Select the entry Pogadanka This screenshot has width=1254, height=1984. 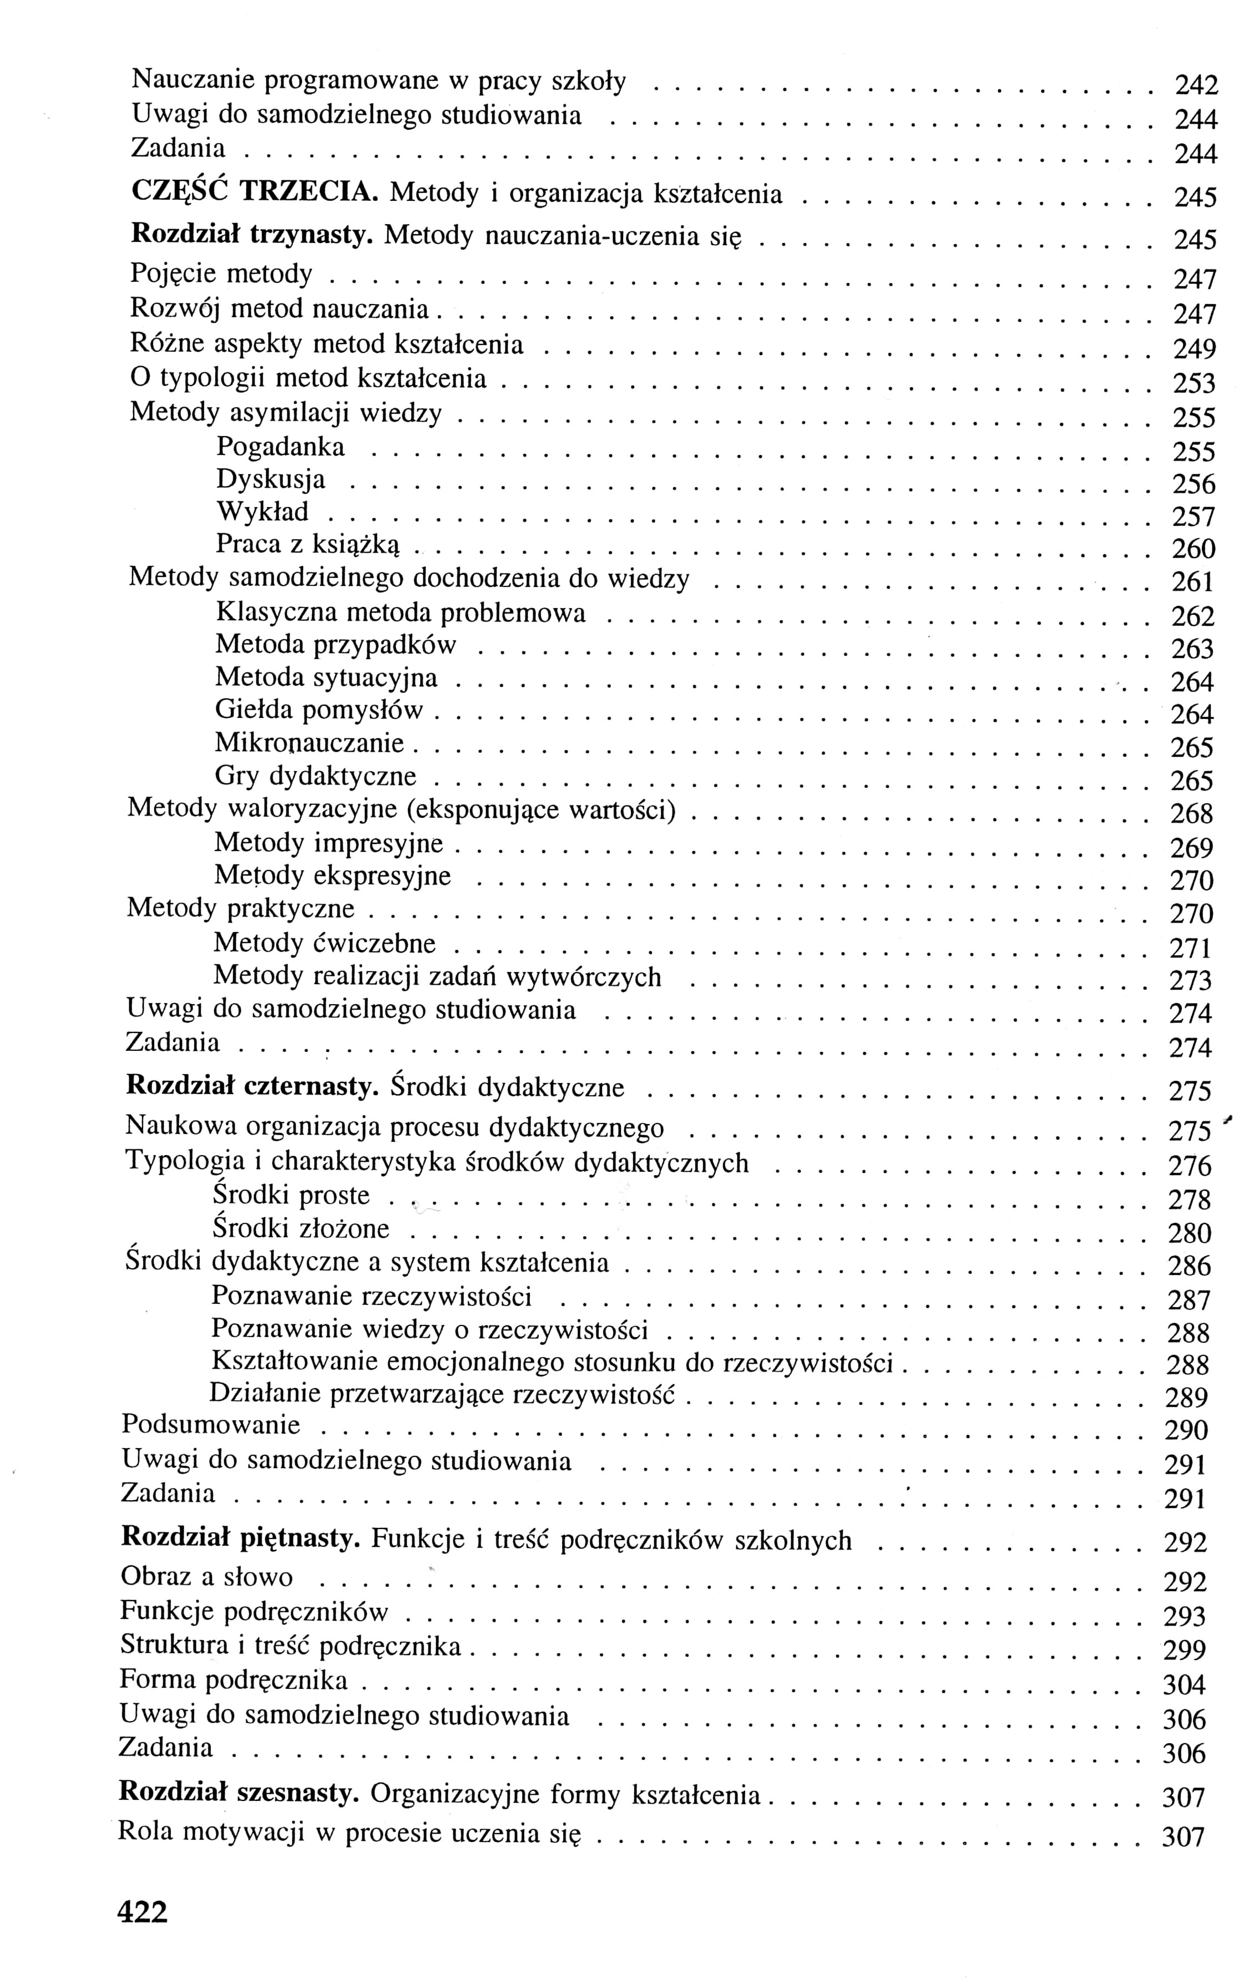click(x=280, y=447)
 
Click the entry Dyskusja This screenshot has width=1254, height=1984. click(x=270, y=479)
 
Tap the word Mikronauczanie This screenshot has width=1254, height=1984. click(x=310, y=743)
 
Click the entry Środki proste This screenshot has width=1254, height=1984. click(x=291, y=1196)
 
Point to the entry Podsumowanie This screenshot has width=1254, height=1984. click(x=211, y=1425)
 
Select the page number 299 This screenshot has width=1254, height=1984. click(x=1185, y=1649)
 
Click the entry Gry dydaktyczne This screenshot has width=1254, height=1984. click(x=316, y=776)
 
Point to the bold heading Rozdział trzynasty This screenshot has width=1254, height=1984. click(x=252, y=235)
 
